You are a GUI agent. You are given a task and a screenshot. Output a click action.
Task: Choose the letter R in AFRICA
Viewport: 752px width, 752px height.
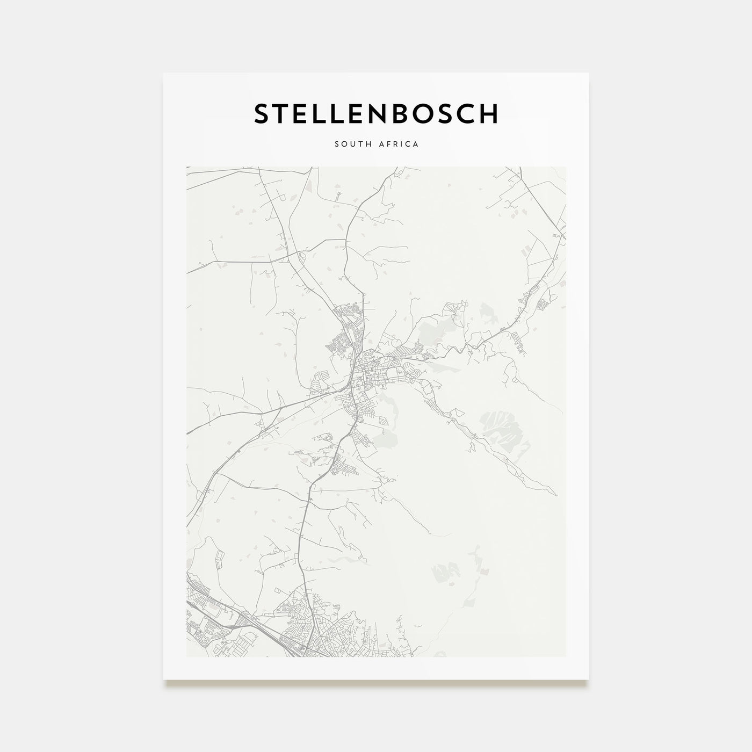click(x=396, y=144)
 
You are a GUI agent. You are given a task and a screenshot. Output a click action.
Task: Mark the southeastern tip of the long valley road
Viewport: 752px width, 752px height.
click(x=554, y=495)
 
